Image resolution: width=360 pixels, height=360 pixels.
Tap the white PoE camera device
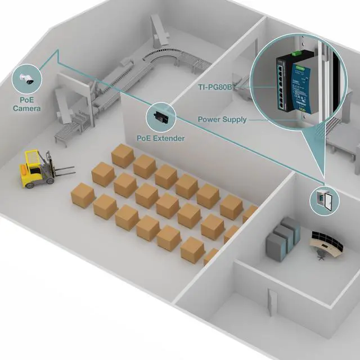(x=25, y=79)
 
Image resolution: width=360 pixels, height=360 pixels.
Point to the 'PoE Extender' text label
(x=161, y=138)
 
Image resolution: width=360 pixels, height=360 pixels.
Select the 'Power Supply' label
(x=222, y=120)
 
